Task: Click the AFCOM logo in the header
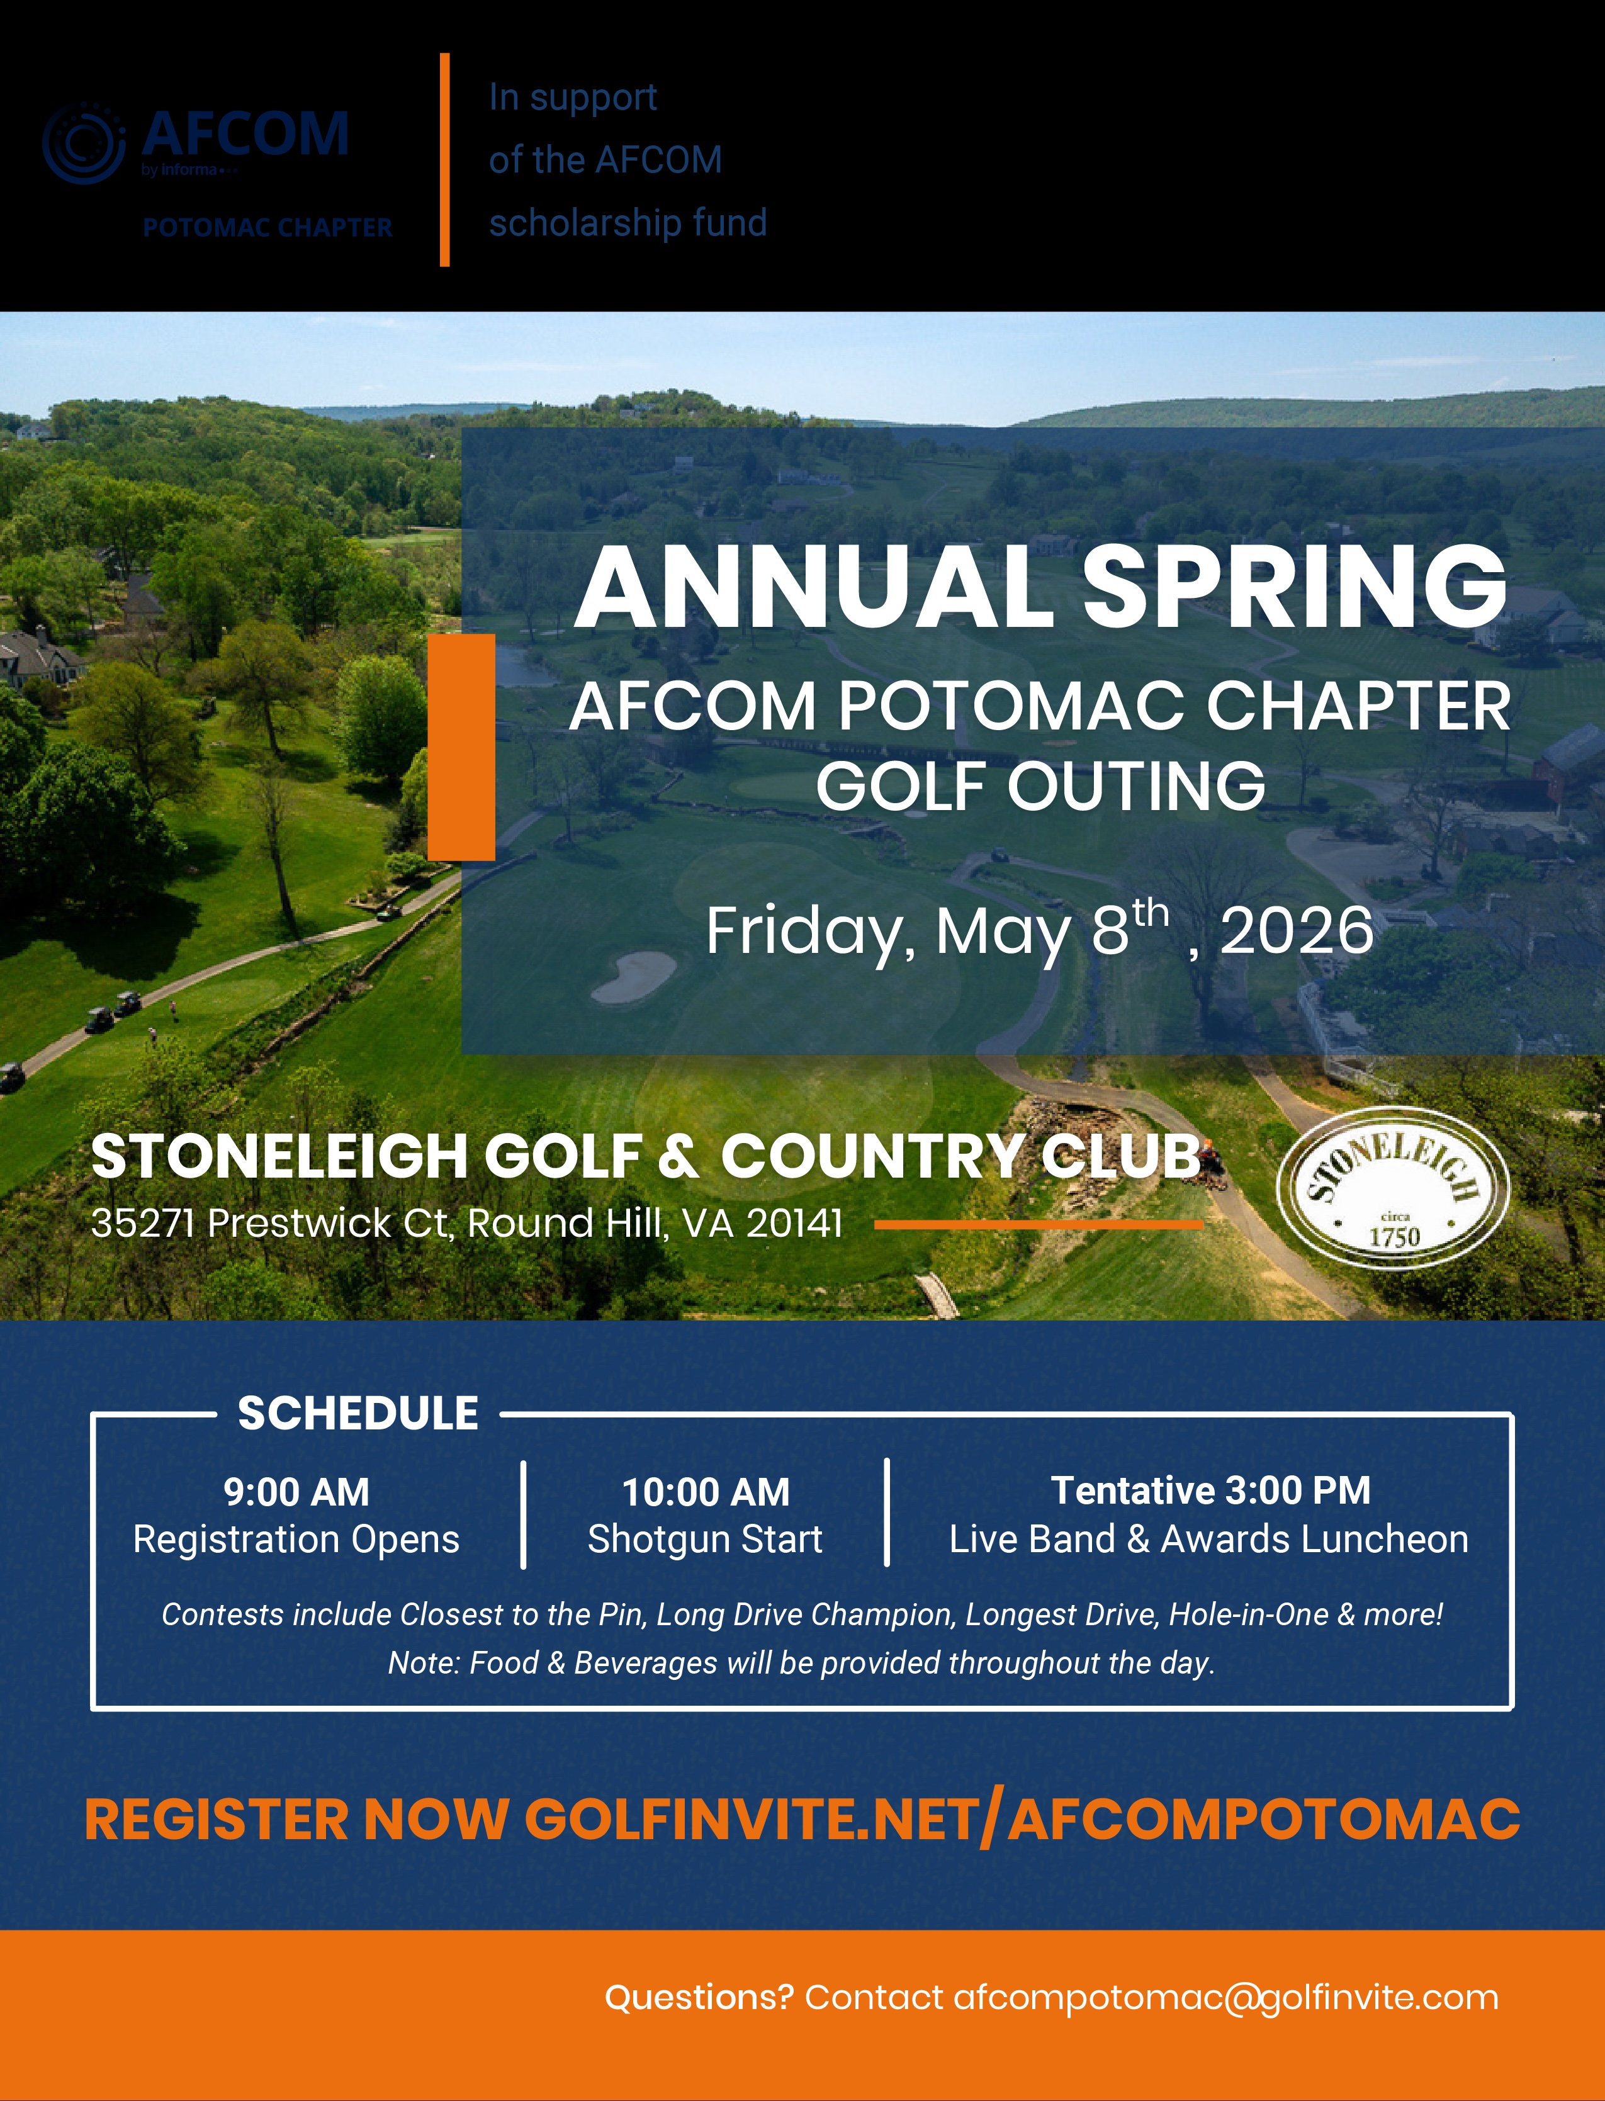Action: [x=196, y=142]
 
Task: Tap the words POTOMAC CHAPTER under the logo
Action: [x=267, y=227]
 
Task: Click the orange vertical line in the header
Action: [x=444, y=159]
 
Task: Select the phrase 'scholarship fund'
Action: [x=628, y=223]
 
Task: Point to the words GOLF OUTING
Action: [x=1040, y=786]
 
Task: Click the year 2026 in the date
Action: [x=1297, y=930]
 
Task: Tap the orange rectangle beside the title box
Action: [x=461, y=746]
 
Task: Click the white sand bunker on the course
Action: [x=634, y=976]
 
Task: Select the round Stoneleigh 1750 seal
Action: [x=1393, y=1188]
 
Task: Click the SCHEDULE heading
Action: [x=358, y=1413]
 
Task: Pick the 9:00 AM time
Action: [x=296, y=1492]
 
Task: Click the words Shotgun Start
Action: [x=705, y=1539]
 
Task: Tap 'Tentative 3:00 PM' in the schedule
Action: [x=1210, y=1490]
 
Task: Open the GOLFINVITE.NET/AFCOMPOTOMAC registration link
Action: [x=1022, y=1818]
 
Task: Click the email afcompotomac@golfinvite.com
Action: [x=1225, y=1997]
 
